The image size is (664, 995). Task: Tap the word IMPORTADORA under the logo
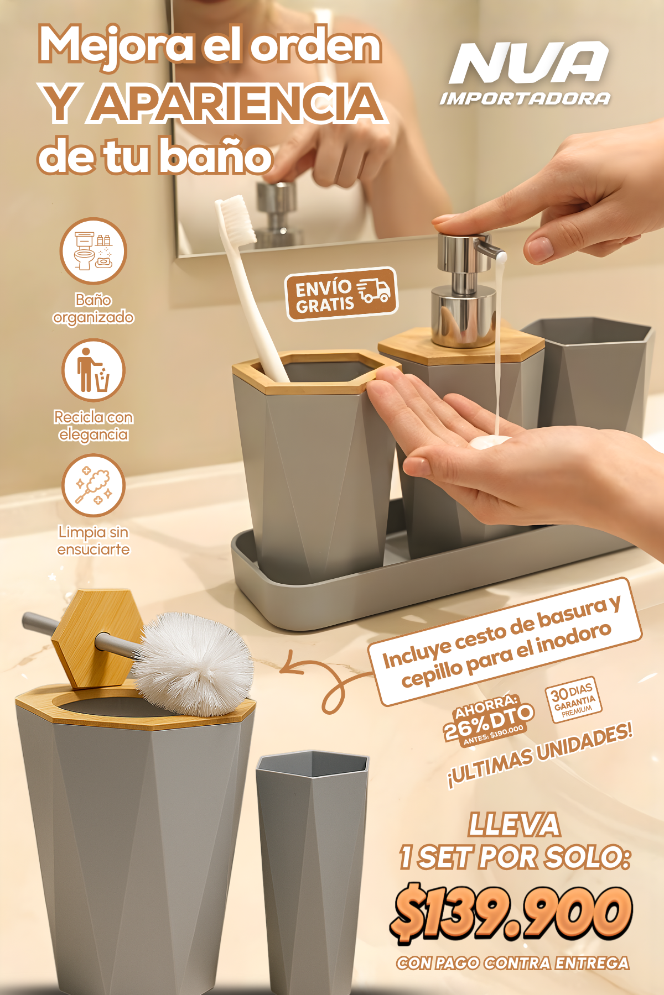point(525,99)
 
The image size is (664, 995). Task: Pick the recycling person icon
point(93,370)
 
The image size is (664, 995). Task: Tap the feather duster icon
point(93,485)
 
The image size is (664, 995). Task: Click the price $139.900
point(512,912)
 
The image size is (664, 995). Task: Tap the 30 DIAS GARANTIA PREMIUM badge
point(573,699)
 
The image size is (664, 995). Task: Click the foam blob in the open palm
point(490,442)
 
